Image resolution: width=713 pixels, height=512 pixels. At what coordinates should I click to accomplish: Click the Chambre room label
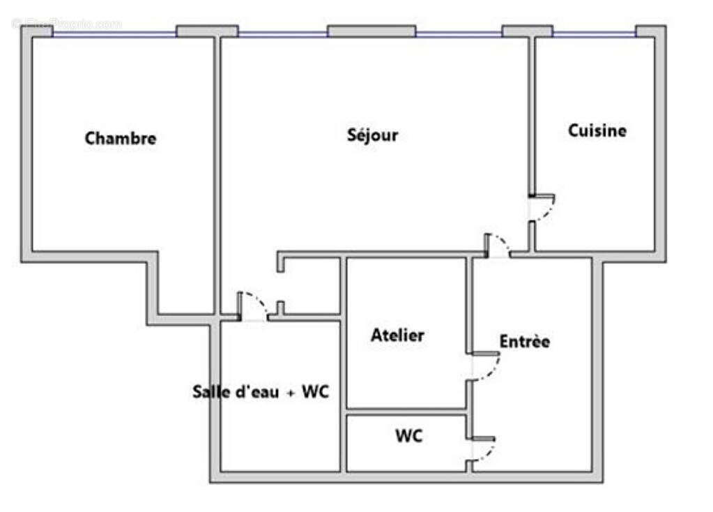coord(121,138)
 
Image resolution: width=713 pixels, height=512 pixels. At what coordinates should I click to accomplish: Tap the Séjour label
coord(373,135)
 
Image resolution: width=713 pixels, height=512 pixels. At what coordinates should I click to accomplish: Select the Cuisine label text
coord(597,130)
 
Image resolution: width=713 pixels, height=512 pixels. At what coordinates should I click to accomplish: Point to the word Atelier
coord(397,336)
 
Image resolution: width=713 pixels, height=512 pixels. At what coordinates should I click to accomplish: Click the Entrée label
coord(525,341)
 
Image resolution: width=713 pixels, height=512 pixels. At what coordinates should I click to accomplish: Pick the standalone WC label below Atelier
coord(408,437)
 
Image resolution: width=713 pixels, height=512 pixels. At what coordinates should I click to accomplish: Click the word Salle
coord(212,392)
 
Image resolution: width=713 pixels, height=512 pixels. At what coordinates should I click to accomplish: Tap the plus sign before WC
coord(291,393)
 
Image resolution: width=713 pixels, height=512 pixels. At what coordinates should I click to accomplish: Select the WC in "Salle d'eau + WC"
coord(314,392)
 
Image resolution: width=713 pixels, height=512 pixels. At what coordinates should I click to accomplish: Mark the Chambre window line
coord(114,31)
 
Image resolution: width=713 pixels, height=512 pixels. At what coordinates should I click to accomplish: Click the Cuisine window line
coord(594,31)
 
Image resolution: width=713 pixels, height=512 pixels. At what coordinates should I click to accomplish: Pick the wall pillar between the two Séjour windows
coord(371,31)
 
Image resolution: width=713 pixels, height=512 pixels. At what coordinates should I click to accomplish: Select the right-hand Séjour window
coord(459,32)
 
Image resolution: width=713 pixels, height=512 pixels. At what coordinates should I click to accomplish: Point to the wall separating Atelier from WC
coord(406,411)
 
